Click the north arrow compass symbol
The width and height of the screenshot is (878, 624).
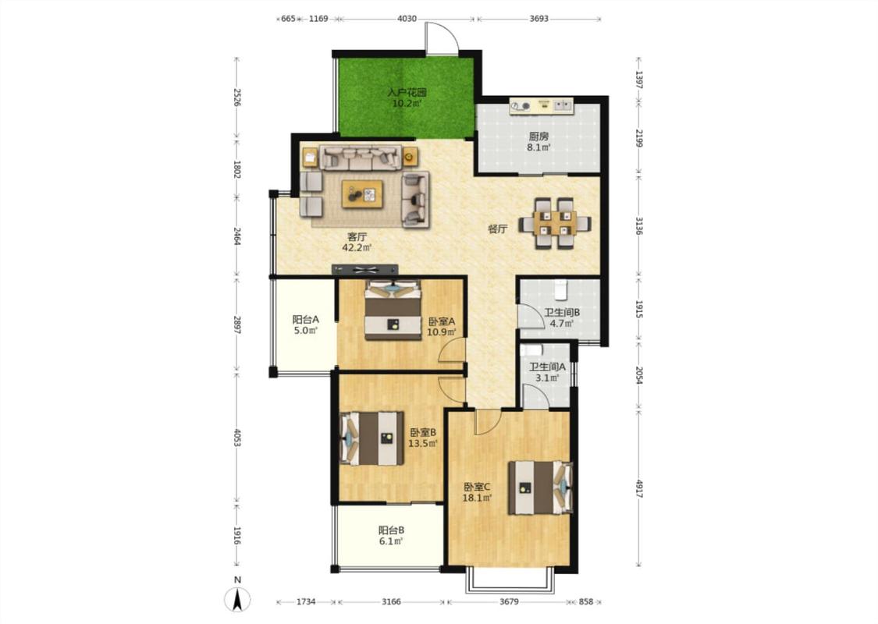pos(237,601)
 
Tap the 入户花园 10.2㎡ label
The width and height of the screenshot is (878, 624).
pos(407,98)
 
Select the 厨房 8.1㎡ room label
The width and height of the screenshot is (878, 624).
pos(538,142)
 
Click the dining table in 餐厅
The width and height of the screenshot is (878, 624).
pos(554,223)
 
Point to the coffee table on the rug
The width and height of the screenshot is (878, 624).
pos(363,194)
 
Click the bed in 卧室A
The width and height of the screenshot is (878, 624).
pos(393,310)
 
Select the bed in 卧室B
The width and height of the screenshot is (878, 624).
pos(372,438)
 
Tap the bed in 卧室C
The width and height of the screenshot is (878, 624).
pos(540,487)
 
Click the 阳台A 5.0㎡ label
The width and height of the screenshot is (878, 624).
pos(306,324)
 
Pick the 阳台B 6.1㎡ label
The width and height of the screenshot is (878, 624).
pos(391,536)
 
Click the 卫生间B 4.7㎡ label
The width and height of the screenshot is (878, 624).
pos(562,318)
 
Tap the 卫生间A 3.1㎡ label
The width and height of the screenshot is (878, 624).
pos(547,372)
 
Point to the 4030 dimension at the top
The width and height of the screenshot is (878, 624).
pos(407,19)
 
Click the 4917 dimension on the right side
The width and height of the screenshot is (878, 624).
pos(639,488)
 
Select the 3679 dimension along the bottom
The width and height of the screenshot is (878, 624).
pos(509,601)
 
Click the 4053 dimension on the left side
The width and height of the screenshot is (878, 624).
pos(236,438)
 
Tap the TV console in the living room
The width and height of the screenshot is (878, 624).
pos(365,270)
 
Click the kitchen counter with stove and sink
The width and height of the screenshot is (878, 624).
pos(541,106)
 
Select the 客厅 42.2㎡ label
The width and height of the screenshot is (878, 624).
pos(357,242)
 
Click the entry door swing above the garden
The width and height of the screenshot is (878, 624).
pos(442,38)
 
